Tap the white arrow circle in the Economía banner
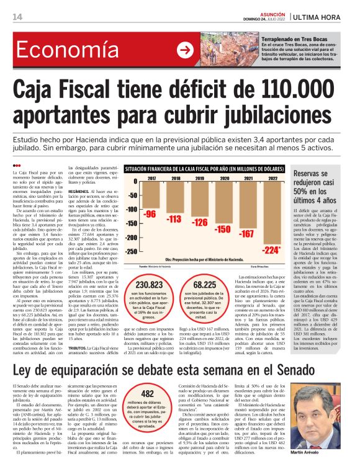point(185,50)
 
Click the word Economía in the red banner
point(60,50)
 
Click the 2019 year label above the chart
point(199,179)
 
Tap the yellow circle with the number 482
point(148,409)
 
